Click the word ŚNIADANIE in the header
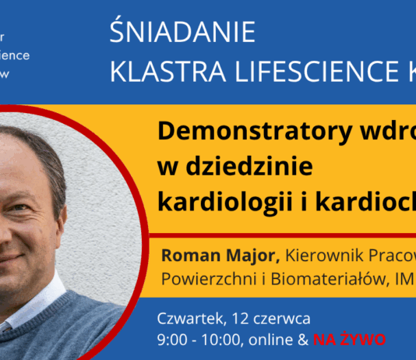(x=183, y=34)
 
